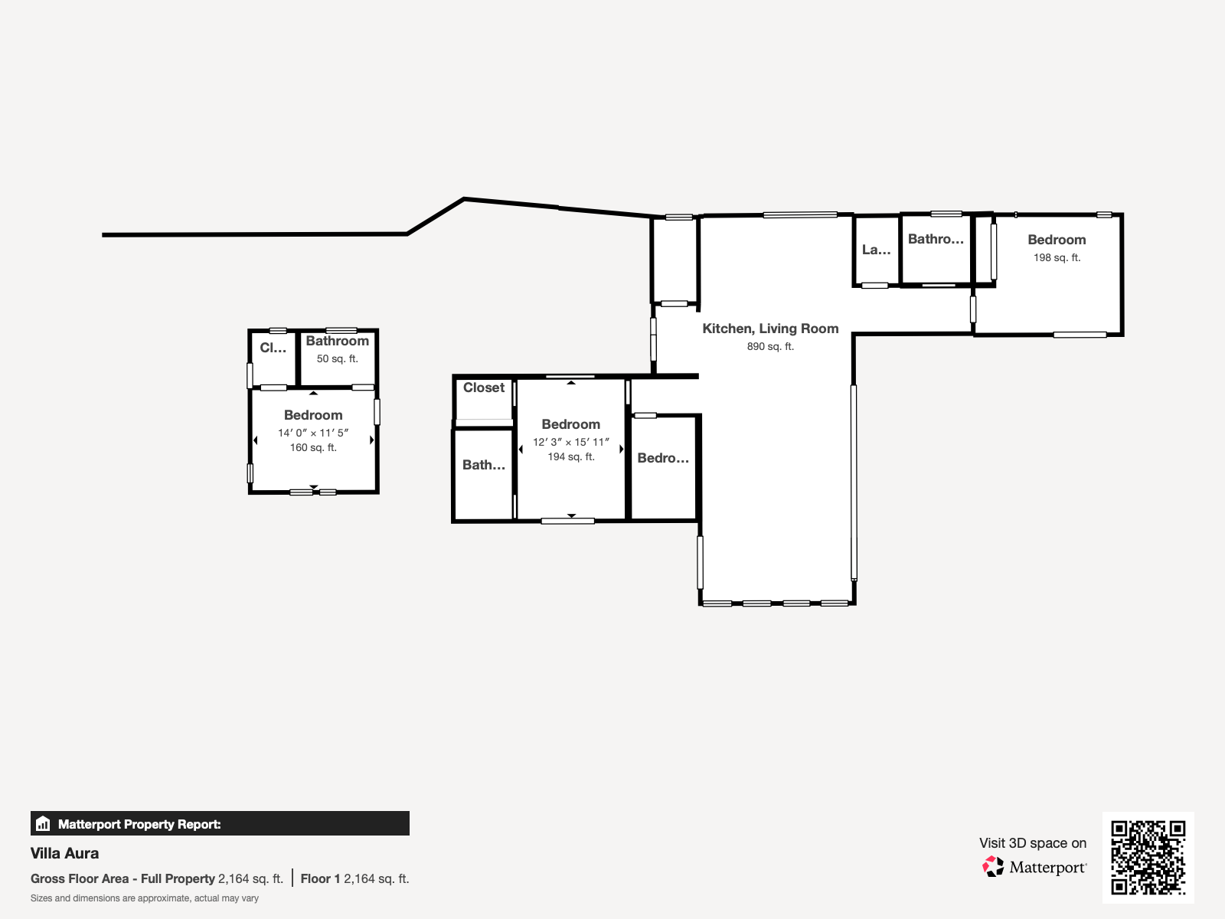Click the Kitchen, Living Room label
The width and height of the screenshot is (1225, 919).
770,329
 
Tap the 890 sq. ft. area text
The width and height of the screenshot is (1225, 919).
770,346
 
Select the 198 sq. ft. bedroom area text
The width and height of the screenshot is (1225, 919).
1057,258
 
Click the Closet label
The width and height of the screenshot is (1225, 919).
483,388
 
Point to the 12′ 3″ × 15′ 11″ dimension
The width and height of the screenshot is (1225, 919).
571,442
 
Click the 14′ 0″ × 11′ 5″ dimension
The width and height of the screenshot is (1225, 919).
313,433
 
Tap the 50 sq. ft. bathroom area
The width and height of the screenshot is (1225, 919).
337,358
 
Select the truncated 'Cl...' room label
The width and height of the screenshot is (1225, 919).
273,348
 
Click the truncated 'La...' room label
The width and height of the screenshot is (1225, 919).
876,250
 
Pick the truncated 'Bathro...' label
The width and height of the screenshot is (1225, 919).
936,239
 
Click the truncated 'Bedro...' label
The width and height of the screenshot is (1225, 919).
663,458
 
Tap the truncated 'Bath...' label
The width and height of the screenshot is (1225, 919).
483,465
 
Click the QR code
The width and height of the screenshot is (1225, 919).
1148,857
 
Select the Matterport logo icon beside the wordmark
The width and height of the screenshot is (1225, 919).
993,867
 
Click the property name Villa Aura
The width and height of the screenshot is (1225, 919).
65,853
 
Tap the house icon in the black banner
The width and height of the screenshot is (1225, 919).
43,823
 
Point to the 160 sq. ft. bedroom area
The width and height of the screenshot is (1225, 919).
313,447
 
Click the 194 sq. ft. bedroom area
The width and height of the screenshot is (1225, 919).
571,457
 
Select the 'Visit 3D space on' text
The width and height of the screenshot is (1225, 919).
1033,843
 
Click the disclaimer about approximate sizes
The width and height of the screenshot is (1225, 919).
145,898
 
